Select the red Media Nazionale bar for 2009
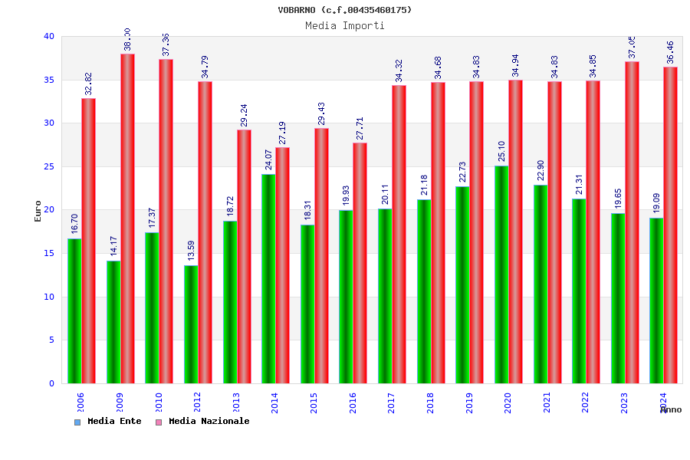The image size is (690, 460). pos(127,219)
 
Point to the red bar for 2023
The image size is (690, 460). pos(632,222)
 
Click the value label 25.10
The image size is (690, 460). pos(501,151)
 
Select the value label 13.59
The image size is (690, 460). pos(191,251)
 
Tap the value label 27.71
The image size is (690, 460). pos(360,128)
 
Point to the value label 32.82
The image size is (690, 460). pos(89,84)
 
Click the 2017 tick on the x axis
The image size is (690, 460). pos(392,402)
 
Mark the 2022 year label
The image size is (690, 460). pos(586,402)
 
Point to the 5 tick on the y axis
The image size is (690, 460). pos(51,340)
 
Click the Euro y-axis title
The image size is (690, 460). pos(38,211)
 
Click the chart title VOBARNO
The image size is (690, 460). pos(344,10)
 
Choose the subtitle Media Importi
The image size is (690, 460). pos(344,25)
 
